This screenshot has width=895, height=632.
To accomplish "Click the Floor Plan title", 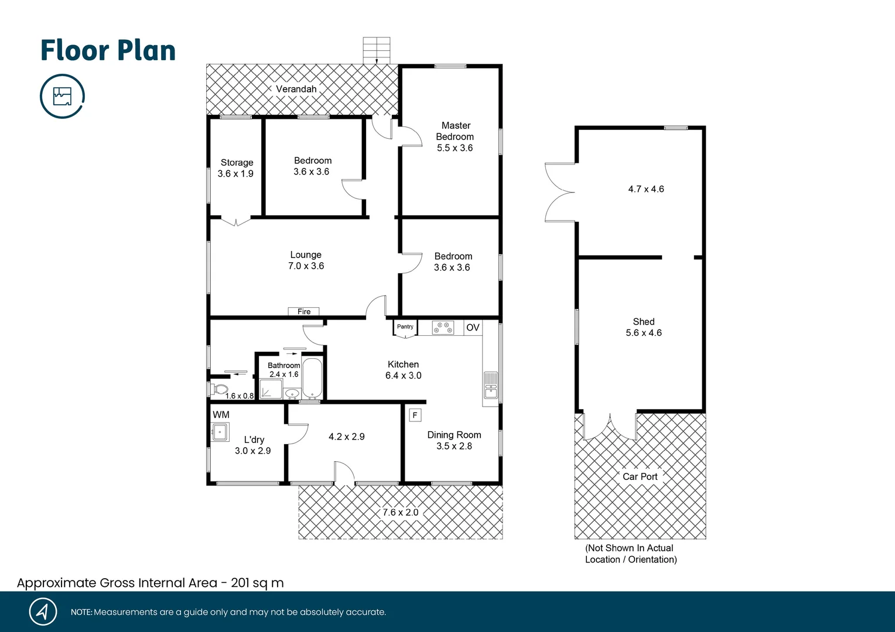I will pos(108,50).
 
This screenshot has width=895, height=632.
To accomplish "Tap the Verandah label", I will pos(296,89).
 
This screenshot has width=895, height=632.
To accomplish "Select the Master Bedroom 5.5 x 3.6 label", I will pos(455,136).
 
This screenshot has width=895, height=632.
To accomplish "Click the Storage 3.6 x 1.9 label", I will pos(236,168).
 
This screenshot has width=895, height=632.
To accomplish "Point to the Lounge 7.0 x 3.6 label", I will pos(306,260).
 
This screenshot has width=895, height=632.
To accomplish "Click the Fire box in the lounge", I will pos(304,311).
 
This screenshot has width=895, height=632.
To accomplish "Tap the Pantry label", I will pos(405,327).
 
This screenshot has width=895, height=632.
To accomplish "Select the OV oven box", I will pos(473,328).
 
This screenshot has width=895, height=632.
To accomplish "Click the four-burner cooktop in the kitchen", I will pos(443,328).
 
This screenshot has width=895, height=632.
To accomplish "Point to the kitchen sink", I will pos(491,386).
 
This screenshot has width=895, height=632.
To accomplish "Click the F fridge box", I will pos(415,415).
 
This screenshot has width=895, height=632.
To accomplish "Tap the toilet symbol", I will pos(219,389).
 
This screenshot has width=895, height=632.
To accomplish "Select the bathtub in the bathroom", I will pos(312,378).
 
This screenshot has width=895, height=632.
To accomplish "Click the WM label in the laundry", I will pos(221,415).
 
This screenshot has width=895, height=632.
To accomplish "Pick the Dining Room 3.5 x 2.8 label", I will pos(454,440).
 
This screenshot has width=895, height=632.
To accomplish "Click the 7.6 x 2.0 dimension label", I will pos(401,513).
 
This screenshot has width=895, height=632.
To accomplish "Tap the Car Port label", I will pos(640,476).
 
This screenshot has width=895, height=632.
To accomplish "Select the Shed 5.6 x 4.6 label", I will pos(643,327).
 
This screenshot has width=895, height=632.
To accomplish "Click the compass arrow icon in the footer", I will pos(43,612).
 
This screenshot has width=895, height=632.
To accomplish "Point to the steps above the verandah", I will pos(376,50).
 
